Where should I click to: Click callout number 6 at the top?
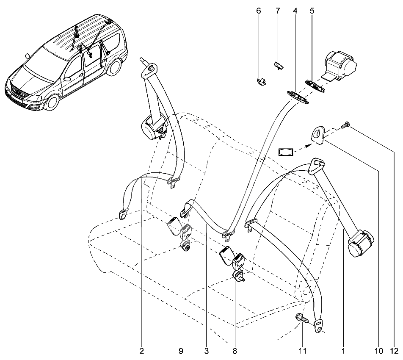pyautogui.click(x=259, y=11)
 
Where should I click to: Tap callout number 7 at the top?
pyautogui.click(x=277, y=11)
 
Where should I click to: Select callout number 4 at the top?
pyautogui.click(x=295, y=11)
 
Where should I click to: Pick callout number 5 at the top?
pyautogui.click(x=312, y=11)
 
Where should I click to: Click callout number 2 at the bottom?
pyautogui.click(x=142, y=351)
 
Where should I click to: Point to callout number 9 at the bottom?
pyautogui.click(x=181, y=351)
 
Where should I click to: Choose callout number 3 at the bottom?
pyautogui.click(x=207, y=351)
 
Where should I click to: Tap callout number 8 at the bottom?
pyautogui.click(x=235, y=351)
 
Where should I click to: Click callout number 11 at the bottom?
pyautogui.click(x=303, y=351)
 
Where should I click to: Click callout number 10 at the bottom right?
pyautogui.click(x=379, y=351)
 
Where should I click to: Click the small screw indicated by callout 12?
pyautogui.click(x=345, y=125)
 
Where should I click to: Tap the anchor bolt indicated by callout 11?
pyautogui.click(x=302, y=318)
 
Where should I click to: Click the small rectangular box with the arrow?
pyautogui.click(x=286, y=152)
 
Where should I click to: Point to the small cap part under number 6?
pyautogui.click(x=261, y=81)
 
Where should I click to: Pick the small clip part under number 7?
pyautogui.click(x=279, y=64)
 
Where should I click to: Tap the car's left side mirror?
pyautogui.click(x=68, y=78)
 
